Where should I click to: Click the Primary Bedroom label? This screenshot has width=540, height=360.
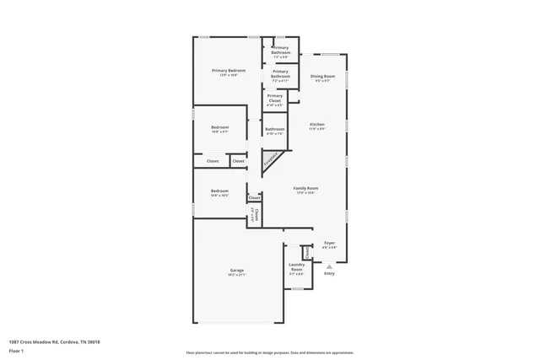pyautogui.click(x=229, y=70)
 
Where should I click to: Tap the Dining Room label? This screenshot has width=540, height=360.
pyautogui.click(x=323, y=77)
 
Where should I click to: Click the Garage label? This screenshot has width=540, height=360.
pyautogui.click(x=237, y=270)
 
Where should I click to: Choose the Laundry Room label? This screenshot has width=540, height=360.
pyautogui.click(x=296, y=266)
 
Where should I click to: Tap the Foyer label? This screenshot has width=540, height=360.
pyautogui.click(x=330, y=243)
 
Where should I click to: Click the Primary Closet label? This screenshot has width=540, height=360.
pyautogui.click(x=275, y=96)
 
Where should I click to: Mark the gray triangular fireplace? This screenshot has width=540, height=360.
pyautogui.click(x=272, y=161)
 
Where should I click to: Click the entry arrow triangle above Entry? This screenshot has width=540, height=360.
pyautogui.click(x=330, y=265)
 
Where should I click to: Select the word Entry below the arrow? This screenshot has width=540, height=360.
pyautogui.click(x=330, y=273)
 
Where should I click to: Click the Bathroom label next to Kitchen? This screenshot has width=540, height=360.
pyautogui.click(x=275, y=129)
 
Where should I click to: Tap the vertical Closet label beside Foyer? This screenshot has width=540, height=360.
pyautogui.click(x=308, y=250)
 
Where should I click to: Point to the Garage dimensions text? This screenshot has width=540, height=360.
pyautogui.click(x=237, y=275)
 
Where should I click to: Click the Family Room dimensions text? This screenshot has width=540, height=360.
pyautogui.click(x=305, y=193)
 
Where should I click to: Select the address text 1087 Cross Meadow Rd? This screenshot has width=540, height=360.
pyautogui.click(x=54, y=341)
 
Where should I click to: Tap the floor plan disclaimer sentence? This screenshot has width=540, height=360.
pyautogui.click(x=270, y=352)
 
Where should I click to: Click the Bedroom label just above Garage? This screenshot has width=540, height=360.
pyautogui.click(x=219, y=191)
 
